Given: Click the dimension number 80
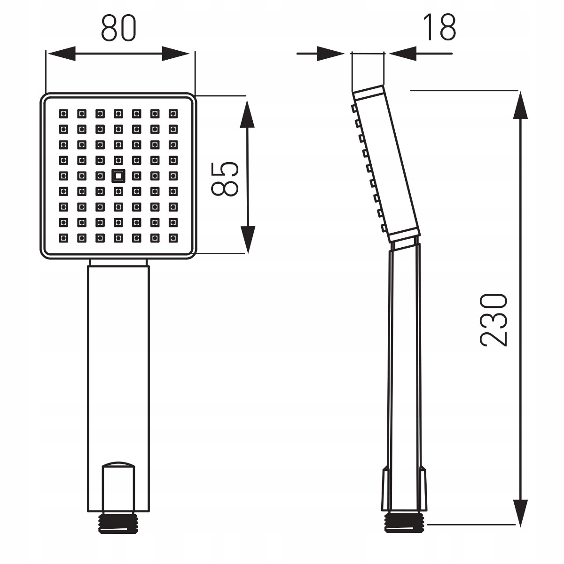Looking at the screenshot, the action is click(118, 28).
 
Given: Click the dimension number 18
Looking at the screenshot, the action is click(439, 27).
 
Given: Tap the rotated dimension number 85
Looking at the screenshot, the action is click(225, 179).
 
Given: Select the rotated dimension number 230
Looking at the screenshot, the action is click(493, 320).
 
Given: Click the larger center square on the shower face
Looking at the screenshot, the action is click(118, 176).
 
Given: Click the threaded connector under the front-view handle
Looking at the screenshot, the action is click(118, 522).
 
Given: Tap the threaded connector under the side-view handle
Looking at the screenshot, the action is click(404, 522).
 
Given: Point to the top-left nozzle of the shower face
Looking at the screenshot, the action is click(63, 114).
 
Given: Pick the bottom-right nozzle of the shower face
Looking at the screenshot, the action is click(173, 238).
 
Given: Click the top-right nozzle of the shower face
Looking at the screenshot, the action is click(173, 114).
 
